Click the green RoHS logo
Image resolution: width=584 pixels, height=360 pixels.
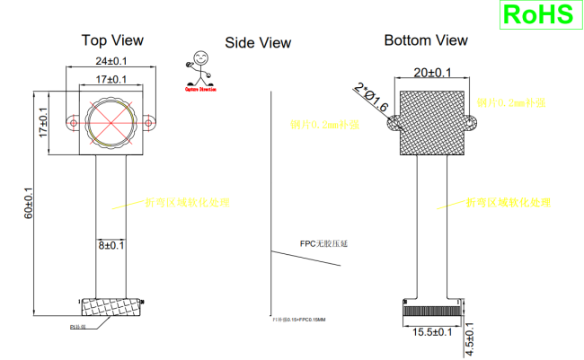(x=537, y=15)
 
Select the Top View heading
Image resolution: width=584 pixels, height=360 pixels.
(x=112, y=40)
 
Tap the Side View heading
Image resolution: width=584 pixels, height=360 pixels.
(x=258, y=42)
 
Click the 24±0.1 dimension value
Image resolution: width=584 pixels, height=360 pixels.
(x=111, y=61)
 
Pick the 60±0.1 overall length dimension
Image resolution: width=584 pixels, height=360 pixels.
(x=28, y=203)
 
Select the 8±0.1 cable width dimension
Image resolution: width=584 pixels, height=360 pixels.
(x=111, y=244)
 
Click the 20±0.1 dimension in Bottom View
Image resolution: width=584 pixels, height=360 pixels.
(x=432, y=72)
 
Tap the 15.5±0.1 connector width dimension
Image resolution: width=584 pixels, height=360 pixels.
(x=431, y=332)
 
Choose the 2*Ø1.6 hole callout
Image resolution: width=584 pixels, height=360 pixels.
(x=371, y=98)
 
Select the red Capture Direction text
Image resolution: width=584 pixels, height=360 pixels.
(x=200, y=89)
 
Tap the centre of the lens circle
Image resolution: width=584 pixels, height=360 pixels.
(x=111, y=119)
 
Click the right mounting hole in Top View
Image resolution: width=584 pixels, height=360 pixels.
(x=149, y=119)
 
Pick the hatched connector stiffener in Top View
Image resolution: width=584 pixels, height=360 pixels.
(x=110, y=307)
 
